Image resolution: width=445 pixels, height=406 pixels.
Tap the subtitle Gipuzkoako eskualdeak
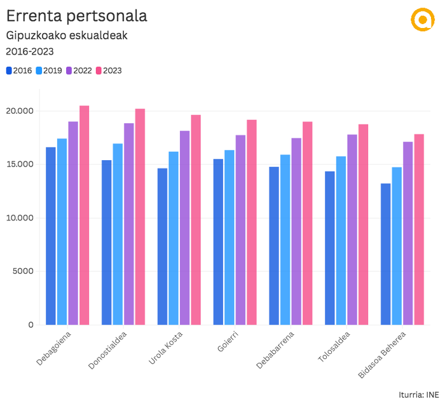click(x=67, y=35)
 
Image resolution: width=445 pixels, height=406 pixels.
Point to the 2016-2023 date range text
click(x=29, y=51)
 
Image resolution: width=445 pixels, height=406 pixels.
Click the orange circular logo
click(x=421, y=19)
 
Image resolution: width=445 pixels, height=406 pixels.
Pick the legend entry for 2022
click(x=79, y=71)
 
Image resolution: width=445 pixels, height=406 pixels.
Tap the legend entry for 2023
click(x=108, y=71)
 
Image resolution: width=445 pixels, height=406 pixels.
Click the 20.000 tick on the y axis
click(x=20, y=111)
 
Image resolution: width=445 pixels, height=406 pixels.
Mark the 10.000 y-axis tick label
click(x=20, y=218)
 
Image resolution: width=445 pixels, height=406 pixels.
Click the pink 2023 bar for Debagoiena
click(x=84, y=215)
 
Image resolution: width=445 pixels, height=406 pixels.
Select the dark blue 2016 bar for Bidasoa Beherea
click(x=385, y=254)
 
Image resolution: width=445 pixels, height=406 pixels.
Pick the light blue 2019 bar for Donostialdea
click(x=118, y=234)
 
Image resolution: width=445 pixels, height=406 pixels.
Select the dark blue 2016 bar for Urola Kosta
click(x=162, y=247)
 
